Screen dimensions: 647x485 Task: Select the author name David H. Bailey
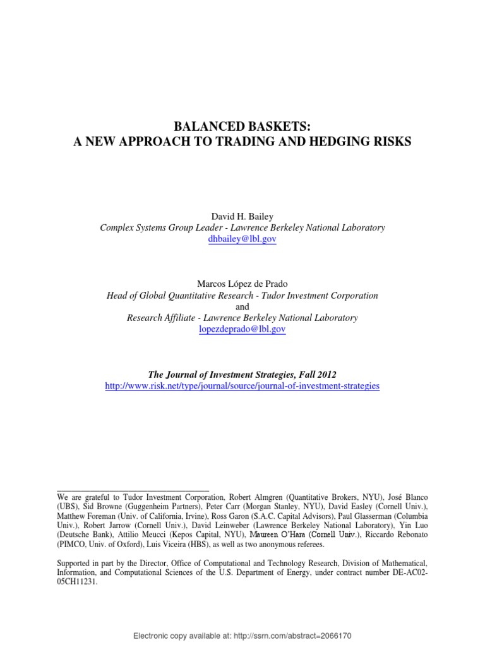[242, 217]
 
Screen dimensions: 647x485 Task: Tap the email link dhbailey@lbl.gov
[242, 239]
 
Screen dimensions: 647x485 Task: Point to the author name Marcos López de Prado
[242, 284]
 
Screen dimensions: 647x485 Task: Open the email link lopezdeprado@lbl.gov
[242, 329]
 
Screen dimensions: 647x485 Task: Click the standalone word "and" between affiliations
[242, 306]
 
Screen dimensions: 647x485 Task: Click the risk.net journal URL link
[242, 385]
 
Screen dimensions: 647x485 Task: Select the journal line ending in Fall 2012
[242, 374]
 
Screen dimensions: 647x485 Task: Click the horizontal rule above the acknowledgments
[133, 490]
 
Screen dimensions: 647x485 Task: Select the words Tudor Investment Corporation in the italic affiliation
[323, 295]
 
